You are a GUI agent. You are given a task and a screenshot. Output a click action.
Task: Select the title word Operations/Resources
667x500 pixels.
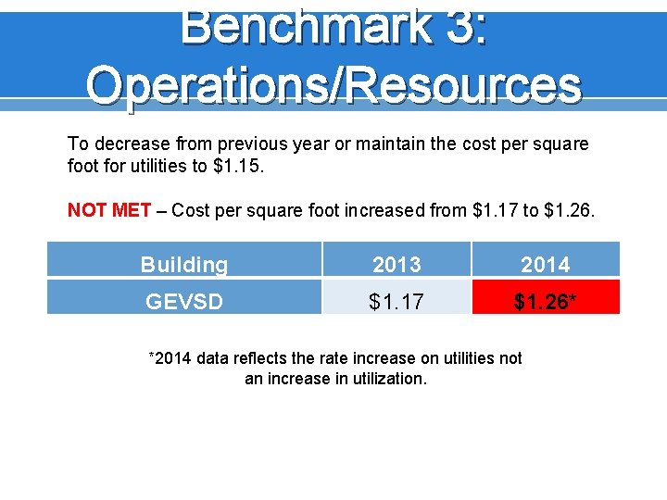click(333, 86)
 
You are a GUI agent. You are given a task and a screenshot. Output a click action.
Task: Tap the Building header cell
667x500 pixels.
click(184, 265)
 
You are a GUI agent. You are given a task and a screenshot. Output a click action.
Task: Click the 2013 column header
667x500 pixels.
click(396, 265)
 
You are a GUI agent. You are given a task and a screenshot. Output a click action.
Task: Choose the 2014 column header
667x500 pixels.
click(545, 265)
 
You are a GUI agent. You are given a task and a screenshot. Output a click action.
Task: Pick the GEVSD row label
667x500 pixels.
click(184, 301)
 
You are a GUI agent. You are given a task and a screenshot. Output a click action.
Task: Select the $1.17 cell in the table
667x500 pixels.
click(396, 301)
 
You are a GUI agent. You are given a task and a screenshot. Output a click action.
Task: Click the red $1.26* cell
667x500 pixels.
click(545, 301)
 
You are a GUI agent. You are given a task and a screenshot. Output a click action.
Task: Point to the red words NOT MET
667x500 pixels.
click(109, 210)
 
